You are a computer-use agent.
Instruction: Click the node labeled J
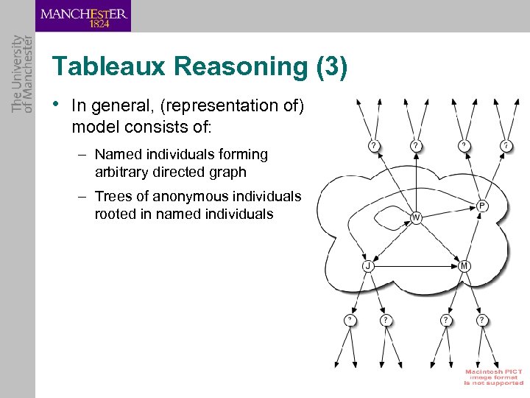pos(367,266)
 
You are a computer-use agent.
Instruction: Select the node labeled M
pos(464,265)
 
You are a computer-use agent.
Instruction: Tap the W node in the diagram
pos(416,217)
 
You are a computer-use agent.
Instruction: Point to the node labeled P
pos(481,205)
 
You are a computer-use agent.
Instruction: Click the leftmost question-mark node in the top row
pos(374,146)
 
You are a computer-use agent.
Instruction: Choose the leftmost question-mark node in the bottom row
pos(350,320)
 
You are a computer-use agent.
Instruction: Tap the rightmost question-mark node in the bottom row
pos(481,320)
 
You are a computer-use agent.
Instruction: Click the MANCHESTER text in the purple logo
pos(84,13)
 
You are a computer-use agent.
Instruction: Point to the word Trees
pos(111,197)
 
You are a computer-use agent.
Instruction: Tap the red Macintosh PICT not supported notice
pos(493,377)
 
